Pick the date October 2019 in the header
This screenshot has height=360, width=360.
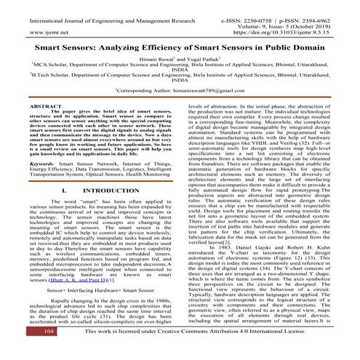322,23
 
